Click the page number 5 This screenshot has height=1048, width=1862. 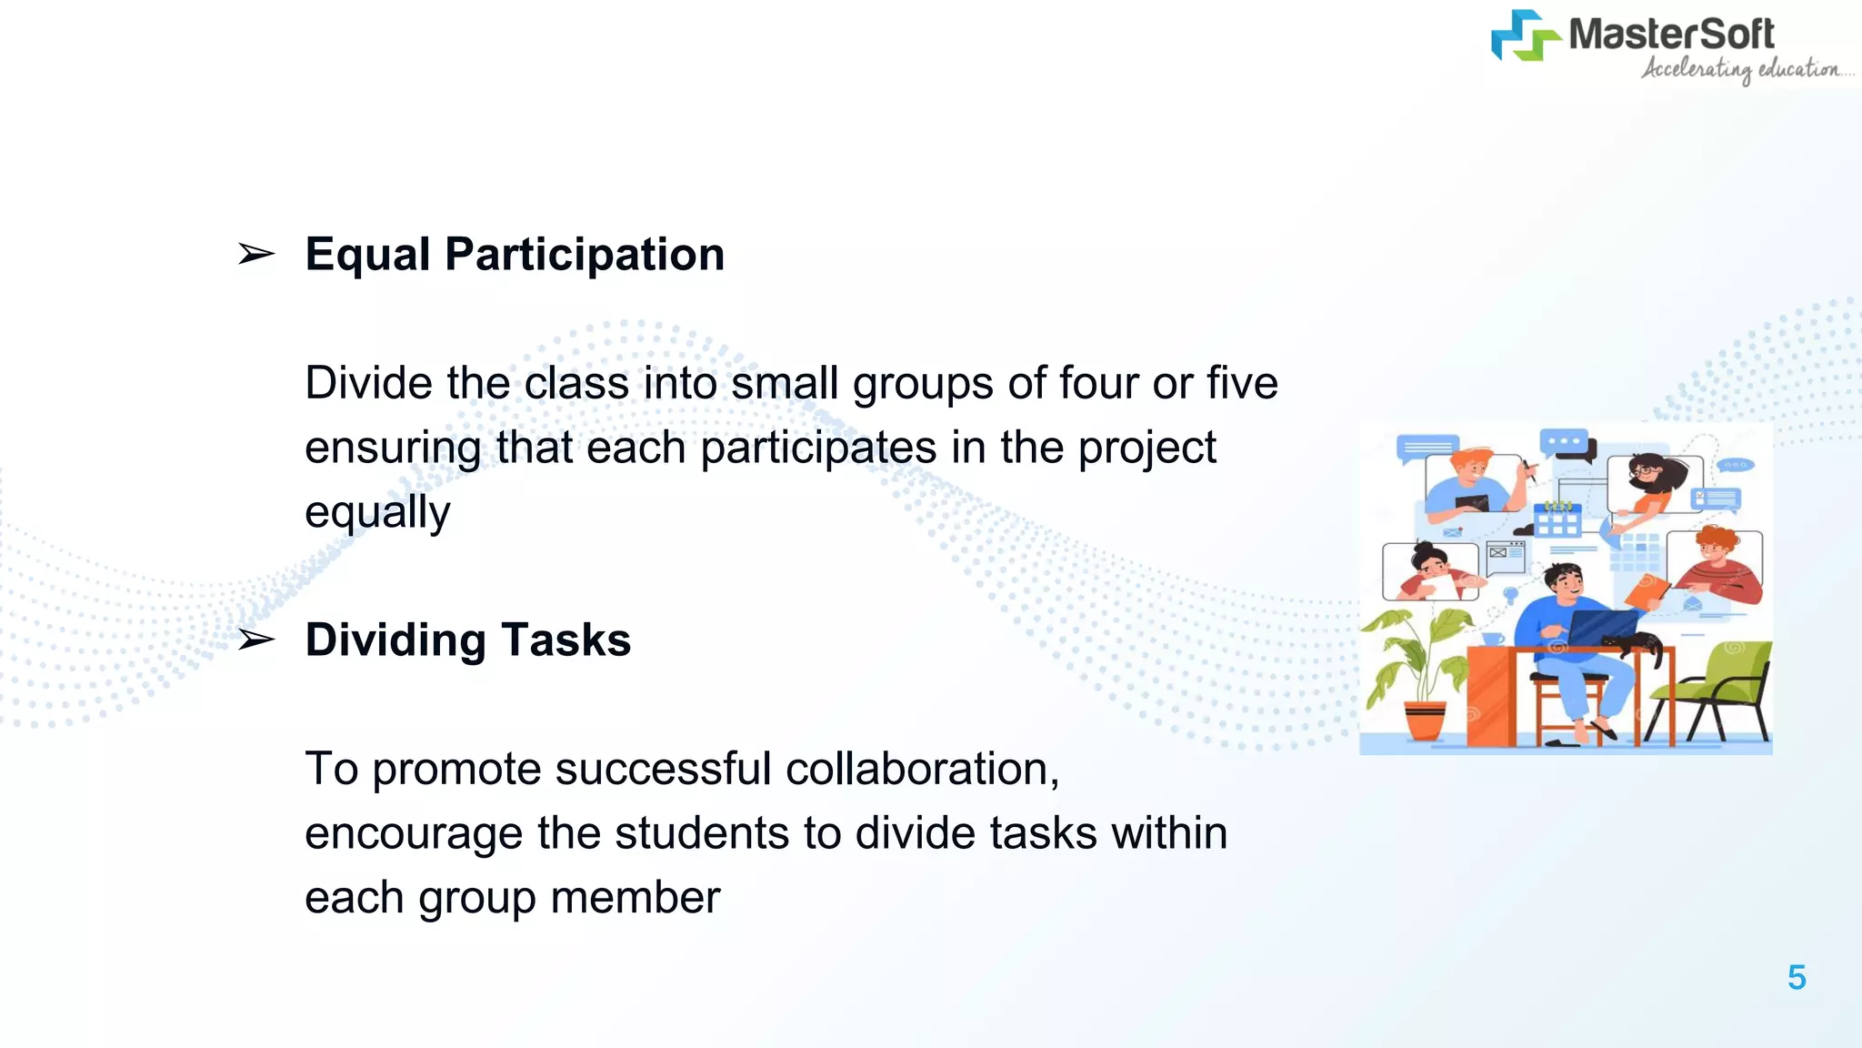tap(1797, 978)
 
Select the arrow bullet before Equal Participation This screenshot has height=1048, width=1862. tap(255, 254)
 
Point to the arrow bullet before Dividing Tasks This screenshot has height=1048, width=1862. tap(255, 640)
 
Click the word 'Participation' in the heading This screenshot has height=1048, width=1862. tap(585, 254)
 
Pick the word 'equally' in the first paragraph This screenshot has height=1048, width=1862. tap(377, 512)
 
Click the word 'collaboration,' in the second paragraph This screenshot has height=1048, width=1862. tap(922, 769)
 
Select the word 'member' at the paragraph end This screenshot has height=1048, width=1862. tap(636, 898)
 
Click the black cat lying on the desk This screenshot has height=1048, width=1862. tap(1637, 643)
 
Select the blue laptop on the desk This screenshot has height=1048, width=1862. tap(1602, 627)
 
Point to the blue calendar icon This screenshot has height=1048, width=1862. tap(1557, 520)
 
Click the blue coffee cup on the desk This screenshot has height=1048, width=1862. tap(1492, 639)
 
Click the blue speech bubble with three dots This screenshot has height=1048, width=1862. tap(1564, 442)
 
